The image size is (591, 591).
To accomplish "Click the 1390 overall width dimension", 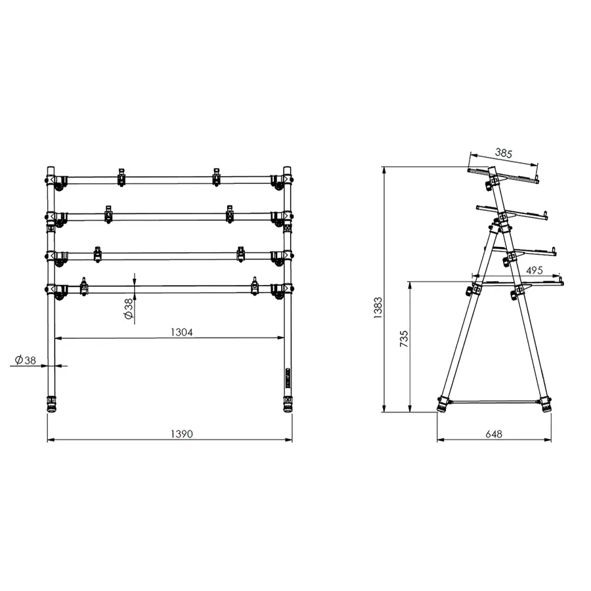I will (x=171, y=433).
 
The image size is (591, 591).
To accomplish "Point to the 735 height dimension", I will (x=403, y=338).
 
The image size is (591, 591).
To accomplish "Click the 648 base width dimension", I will (x=493, y=434).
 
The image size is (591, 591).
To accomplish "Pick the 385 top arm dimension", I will (x=503, y=153).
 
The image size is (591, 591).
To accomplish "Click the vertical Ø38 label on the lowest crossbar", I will (x=129, y=307).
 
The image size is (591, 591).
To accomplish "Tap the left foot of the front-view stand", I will (x=51, y=403).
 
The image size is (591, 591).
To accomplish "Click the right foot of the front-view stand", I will (x=288, y=403).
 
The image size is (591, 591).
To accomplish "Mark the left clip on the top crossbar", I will (x=121, y=177).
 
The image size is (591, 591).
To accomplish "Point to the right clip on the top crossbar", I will (x=216, y=177).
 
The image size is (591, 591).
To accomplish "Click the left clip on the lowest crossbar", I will (x=84, y=286).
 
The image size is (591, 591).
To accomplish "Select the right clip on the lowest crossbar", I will (x=255, y=286).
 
